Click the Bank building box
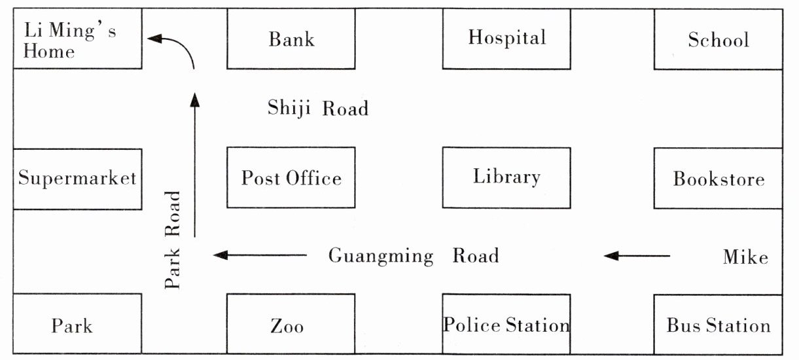(291, 39)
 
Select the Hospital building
(506, 39)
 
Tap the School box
(719, 39)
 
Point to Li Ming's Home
(77, 39)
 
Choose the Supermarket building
(77, 179)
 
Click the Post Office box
(291, 177)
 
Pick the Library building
(506, 177)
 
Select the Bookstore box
(719, 179)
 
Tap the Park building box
(77, 324)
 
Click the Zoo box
(291, 324)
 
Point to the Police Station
(506, 324)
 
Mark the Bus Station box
(719, 325)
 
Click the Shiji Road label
(318, 108)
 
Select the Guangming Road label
(414, 256)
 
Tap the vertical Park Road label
(173, 240)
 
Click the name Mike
(745, 257)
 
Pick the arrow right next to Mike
(637, 256)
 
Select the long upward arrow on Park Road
(195, 164)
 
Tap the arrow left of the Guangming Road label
(260, 255)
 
